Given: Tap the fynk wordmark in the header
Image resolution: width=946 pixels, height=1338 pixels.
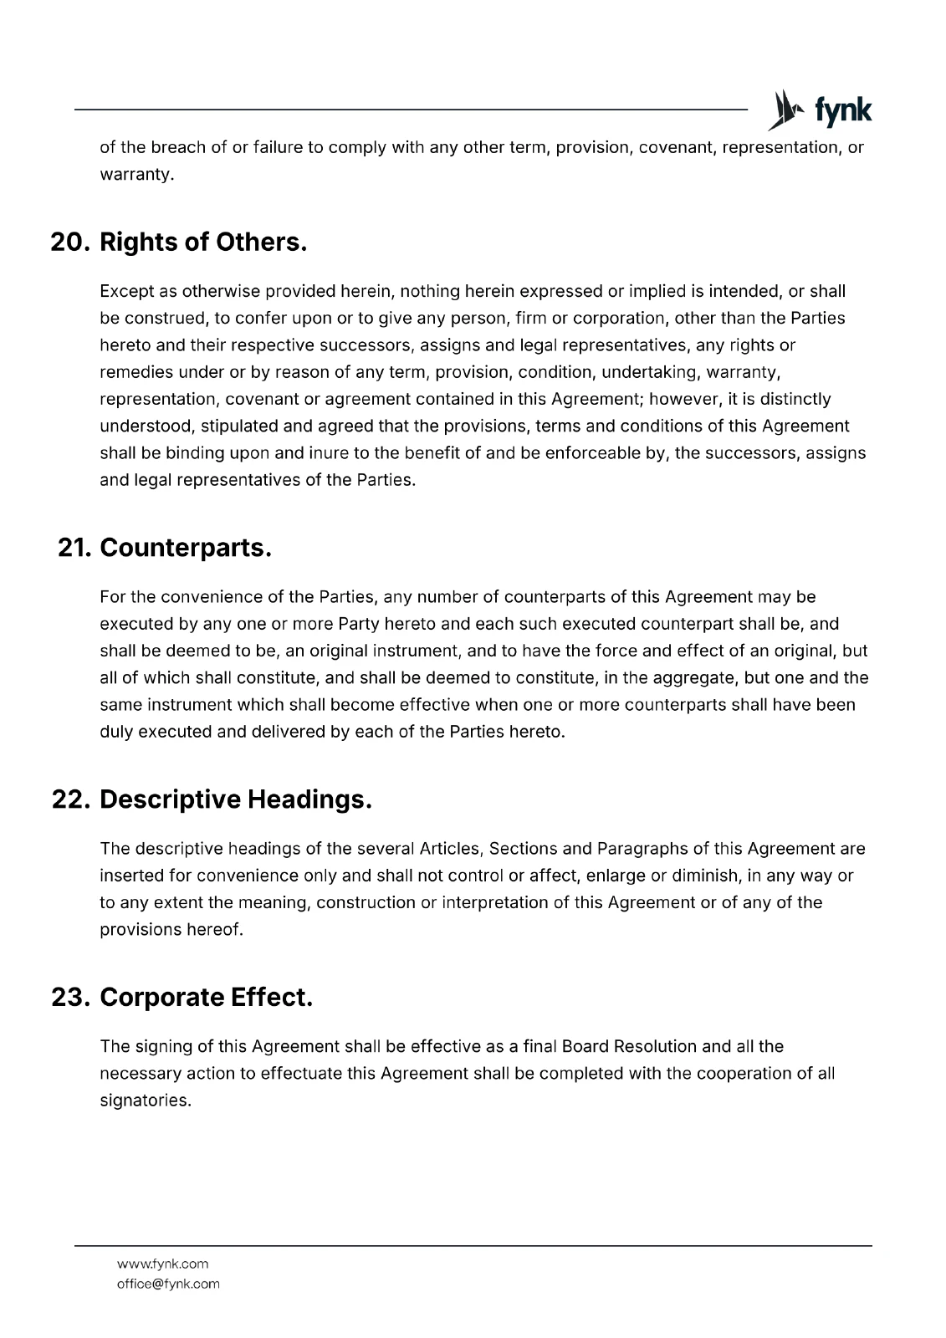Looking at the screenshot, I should click(x=842, y=110).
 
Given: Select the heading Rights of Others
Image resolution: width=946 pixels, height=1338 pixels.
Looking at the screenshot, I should click(x=203, y=243).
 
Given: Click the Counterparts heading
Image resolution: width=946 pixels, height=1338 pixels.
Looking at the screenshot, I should click(x=186, y=549).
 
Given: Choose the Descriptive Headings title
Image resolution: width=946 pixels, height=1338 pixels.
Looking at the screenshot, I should click(x=235, y=799).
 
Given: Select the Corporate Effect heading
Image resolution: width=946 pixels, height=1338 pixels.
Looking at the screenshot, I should click(x=206, y=998).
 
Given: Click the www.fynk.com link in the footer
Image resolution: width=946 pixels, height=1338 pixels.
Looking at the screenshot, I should click(x=162, y=1264).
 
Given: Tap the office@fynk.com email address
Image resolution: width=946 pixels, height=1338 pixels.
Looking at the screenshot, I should click(x=168, y=1284).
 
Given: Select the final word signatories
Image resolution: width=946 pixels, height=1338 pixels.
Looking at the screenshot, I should click(x=146, y=1101).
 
